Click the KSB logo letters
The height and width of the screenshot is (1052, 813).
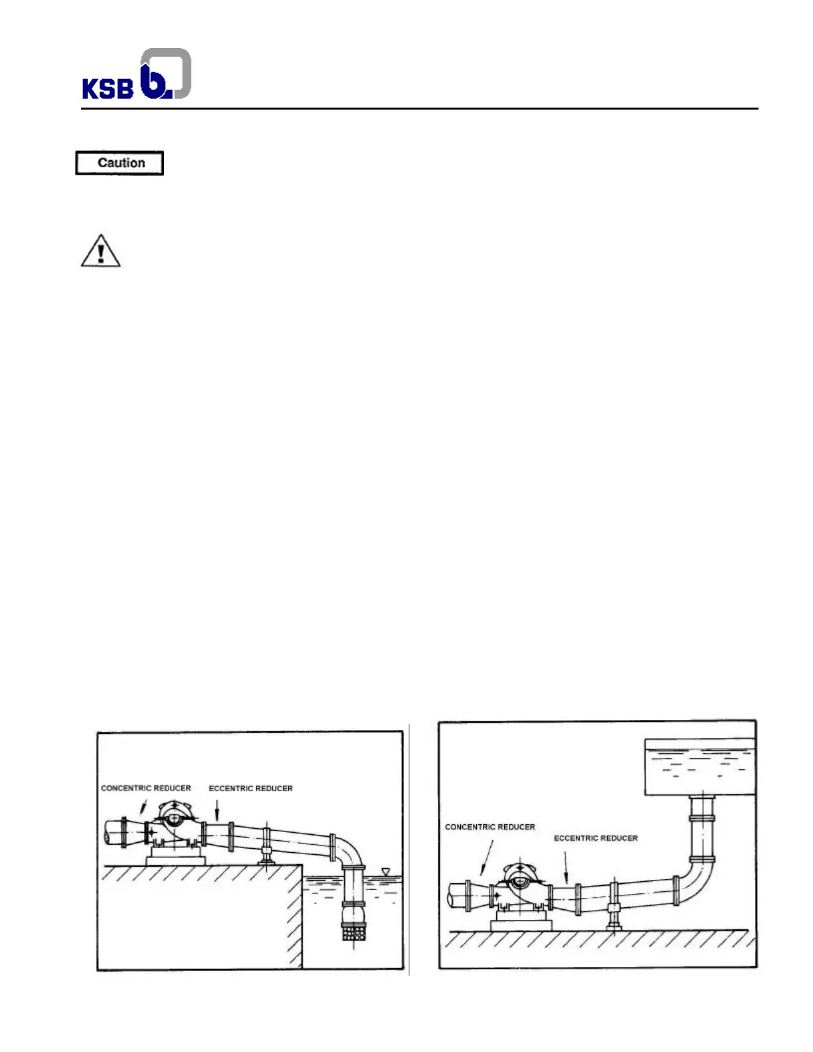tap(108, 88)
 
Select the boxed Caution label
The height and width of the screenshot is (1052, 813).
tap(120, 163)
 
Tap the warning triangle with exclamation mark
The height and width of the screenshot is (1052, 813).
tap(100, 251)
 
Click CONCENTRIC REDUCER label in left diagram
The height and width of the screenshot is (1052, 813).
tap(145, 788)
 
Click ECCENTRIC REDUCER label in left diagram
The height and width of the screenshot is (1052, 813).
tap(250, 788)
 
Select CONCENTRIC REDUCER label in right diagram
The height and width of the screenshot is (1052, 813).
tap(490, 827)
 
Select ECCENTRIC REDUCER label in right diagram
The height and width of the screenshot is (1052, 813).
tap(596, 838)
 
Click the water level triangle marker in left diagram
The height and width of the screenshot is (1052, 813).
tap(385, 870)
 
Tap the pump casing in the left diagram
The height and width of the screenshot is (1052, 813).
tap(174, 824)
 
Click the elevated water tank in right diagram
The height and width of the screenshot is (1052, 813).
tap(700, 767)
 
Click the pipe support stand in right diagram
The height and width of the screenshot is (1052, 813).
tap(614, 917)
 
